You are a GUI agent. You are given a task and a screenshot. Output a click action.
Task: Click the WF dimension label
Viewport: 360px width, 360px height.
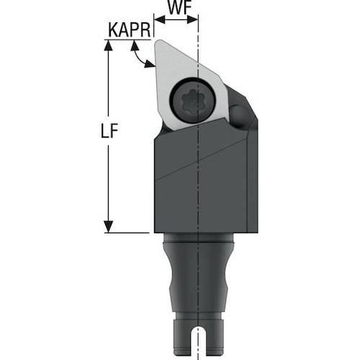[x=179, y=7]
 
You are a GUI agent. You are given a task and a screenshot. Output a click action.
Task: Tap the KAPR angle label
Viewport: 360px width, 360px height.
[x=130, y=30]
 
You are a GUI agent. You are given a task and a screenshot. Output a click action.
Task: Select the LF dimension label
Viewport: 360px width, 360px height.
[x=109, y=131]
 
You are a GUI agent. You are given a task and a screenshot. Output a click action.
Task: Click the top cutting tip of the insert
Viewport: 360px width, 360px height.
[x=158, y=42]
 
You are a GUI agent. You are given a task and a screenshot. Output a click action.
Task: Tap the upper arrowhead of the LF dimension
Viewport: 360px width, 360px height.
[x=109, y=45]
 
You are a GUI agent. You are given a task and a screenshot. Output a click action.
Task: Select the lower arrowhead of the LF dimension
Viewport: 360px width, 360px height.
[x=109, y=227]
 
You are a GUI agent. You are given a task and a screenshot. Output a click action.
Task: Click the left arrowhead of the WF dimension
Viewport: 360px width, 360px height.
[x=160, y=19]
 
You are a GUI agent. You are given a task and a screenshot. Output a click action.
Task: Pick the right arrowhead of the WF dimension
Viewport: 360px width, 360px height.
[x=192, y=19]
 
